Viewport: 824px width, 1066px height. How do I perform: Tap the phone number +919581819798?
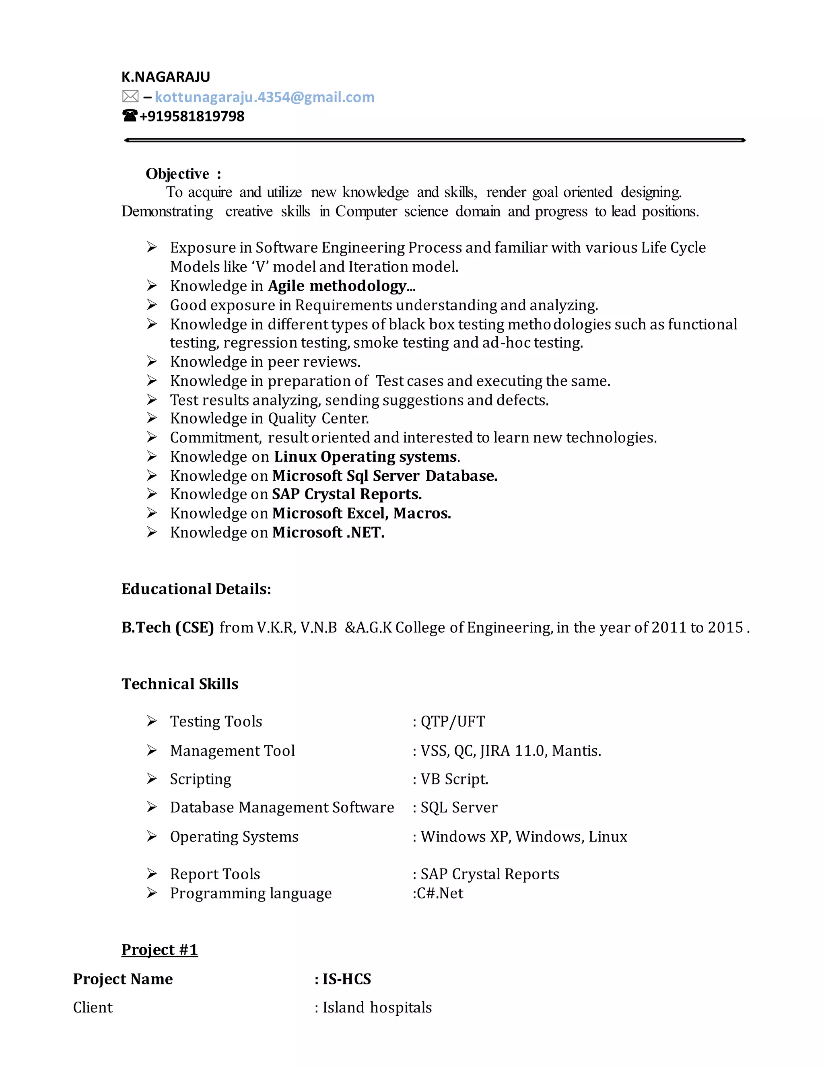coord(192,117)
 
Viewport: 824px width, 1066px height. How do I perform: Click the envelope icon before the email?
coord(130,97)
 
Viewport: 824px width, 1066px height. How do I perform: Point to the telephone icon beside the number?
coord(130,116)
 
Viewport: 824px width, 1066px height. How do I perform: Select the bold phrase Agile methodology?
coord(337,286)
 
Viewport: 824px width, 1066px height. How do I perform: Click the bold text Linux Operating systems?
coord(366,457)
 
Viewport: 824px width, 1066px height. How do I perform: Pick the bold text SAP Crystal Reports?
coord(346,494)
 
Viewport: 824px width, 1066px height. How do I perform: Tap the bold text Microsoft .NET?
coord(328,533)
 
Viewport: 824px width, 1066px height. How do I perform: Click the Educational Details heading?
coord(196,589)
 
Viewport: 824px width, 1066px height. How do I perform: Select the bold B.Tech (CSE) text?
coord(168,627)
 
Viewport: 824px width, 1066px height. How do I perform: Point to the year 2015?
coord(725,627)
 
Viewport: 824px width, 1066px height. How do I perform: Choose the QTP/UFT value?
coord(453,721)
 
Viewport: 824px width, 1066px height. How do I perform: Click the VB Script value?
coord(454,779)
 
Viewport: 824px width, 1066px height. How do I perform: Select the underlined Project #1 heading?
coord(160,950)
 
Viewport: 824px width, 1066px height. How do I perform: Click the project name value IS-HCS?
coord(346,979)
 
